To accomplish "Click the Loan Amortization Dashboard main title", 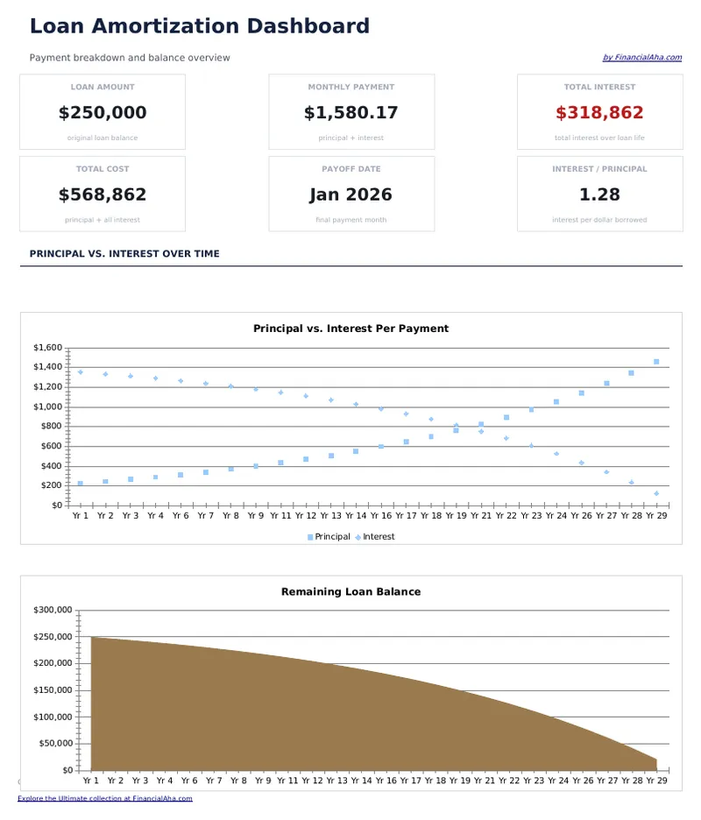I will tap(200, 26).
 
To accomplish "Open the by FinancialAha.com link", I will tap(641, 58).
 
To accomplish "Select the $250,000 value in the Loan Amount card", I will tap(103, 113).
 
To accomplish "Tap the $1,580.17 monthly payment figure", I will tap(350, 113).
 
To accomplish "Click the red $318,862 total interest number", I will tap(599, 113).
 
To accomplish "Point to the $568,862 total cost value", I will tap(103, 194).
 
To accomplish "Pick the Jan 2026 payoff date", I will tap(350, 194).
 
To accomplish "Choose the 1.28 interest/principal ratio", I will tap(599, 194).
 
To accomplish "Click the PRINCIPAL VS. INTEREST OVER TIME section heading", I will tap(124, 254).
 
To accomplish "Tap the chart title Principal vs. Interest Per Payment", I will tap(350, 329).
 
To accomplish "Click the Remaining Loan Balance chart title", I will tap(350, 592).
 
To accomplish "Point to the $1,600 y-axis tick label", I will tap(47, 348).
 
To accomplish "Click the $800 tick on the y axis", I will tap(52, 427).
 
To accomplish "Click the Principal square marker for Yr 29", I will tap(656, 362).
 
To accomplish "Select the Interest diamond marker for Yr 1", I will tap(80, 372).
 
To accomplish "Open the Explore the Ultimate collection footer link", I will tap(105, 799).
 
